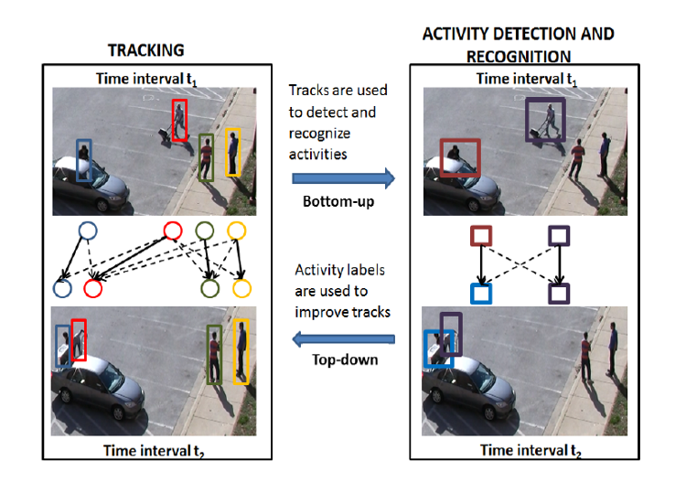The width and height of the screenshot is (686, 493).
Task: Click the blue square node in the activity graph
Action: (481, 293)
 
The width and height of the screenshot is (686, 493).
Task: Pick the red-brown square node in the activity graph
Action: (482, 236)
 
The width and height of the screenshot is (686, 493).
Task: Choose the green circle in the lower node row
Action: (210, 289)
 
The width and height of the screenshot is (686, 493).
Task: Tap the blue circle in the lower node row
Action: (62, 289)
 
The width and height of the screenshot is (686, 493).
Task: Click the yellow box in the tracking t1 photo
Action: (233, 153)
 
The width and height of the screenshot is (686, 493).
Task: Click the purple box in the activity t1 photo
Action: (545, 120)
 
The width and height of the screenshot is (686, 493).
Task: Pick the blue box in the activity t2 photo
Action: (438, 348)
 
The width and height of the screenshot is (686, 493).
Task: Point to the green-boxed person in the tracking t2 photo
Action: (214, 354)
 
